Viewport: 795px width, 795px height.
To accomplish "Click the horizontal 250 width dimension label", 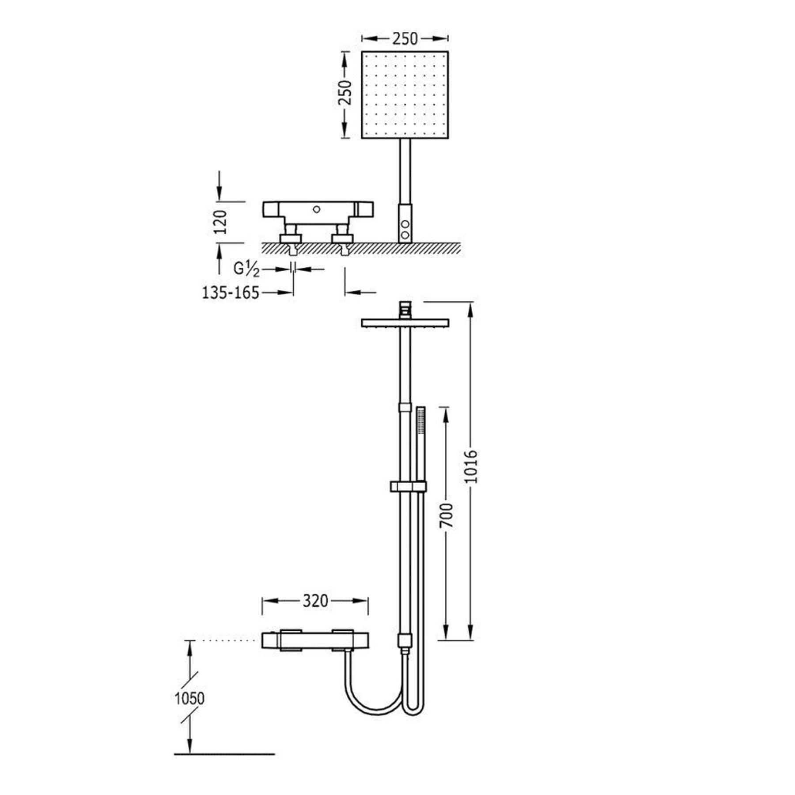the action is [405, 39].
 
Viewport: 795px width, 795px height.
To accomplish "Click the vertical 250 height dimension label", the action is [345, 92].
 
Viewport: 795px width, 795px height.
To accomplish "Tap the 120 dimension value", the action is [220, 222].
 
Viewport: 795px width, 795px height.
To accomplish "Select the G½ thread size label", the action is [246, 269].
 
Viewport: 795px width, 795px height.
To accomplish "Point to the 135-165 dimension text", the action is [231, 292].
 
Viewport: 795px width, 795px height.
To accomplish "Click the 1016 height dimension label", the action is [472, 466].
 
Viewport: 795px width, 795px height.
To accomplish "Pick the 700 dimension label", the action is [447, 515].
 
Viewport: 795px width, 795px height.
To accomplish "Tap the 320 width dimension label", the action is [315, 601].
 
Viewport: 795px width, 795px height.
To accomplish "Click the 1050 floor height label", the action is [190, 698].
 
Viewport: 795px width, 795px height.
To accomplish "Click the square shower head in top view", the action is [405, 95].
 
